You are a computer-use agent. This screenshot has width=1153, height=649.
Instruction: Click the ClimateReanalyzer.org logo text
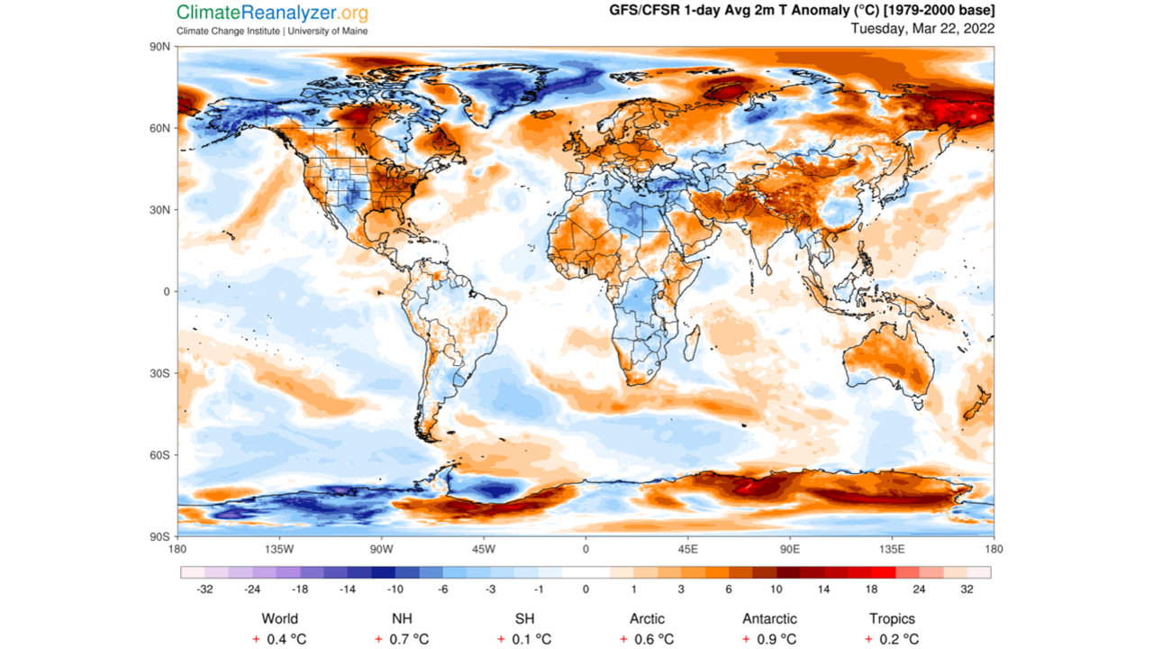tap(272, 13)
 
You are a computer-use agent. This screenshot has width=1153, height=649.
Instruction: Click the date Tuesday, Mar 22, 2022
tap(922, 28)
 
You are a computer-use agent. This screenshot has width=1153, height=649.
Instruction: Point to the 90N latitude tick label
tap(160, 46)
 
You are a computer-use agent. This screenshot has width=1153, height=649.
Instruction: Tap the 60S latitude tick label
tap(160, 455)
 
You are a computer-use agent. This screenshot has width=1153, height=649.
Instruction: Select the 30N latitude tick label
tap(160, 210)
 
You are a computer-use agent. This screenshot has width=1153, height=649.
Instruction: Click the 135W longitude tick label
tap(279, 549)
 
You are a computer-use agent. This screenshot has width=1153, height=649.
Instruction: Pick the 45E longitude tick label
tap(688, 549)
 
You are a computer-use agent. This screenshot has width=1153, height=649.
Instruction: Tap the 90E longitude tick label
tap(790, 549)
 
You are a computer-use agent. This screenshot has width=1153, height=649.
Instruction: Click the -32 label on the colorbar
tap(204, 590)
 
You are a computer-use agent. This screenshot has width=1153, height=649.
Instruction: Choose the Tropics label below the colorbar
tap(892, 618)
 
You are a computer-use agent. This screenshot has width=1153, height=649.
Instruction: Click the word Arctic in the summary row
tap(647, 618)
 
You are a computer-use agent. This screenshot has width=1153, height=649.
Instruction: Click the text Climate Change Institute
tap(228, 31)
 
